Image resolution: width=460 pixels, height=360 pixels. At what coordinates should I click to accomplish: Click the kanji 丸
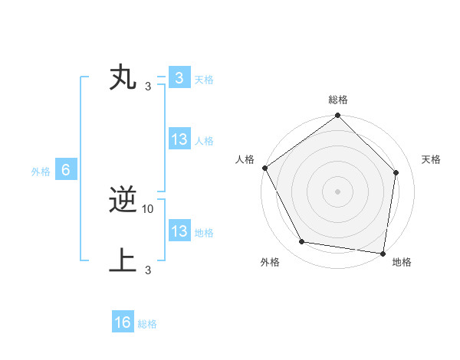click(x=123, y=78)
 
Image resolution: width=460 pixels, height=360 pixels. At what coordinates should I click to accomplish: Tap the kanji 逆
click(x=123, y=201)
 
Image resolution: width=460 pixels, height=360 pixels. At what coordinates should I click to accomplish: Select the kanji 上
click(x=123, y=260)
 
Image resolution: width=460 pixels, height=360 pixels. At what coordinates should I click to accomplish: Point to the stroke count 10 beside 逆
click(x=148, y=208)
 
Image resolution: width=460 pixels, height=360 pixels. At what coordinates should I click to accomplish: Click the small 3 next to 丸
click(x=147, y=86)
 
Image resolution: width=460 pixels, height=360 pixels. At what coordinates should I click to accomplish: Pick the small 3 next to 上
click(x=147, y=269)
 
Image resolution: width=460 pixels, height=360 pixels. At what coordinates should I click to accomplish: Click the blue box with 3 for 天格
click(x=179, y=78)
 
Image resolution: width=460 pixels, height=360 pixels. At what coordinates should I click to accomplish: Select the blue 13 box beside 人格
click(x=179, y=139)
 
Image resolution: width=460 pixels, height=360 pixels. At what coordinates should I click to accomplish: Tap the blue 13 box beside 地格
click(x=179, y=231)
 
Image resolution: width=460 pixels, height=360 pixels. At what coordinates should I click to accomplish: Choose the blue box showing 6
click(x=66, y=170)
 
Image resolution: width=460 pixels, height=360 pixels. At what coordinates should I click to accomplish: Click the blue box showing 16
click(x=123, y=322)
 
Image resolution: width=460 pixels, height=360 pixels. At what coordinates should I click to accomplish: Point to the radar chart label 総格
click(x=337, y=100)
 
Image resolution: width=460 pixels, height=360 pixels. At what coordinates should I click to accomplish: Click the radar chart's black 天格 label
click(x=432, y=159)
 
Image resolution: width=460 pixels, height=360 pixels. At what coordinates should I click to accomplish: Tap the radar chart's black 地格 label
click(x=402, y=262)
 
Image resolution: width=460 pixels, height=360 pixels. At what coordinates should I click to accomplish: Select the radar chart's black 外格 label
click(x=270, y=262)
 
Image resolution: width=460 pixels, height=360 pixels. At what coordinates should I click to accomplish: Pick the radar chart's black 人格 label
click(x=245, y=159)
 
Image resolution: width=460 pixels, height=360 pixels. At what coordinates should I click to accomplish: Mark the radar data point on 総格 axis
click(x=337, y=116)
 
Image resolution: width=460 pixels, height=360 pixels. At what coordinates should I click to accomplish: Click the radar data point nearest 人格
click(x=264, y=168)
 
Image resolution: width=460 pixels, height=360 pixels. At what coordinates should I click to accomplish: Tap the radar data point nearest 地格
click(x=383, y=253)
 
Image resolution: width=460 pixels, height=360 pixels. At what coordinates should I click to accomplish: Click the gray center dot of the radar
click(x=337, y=191)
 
